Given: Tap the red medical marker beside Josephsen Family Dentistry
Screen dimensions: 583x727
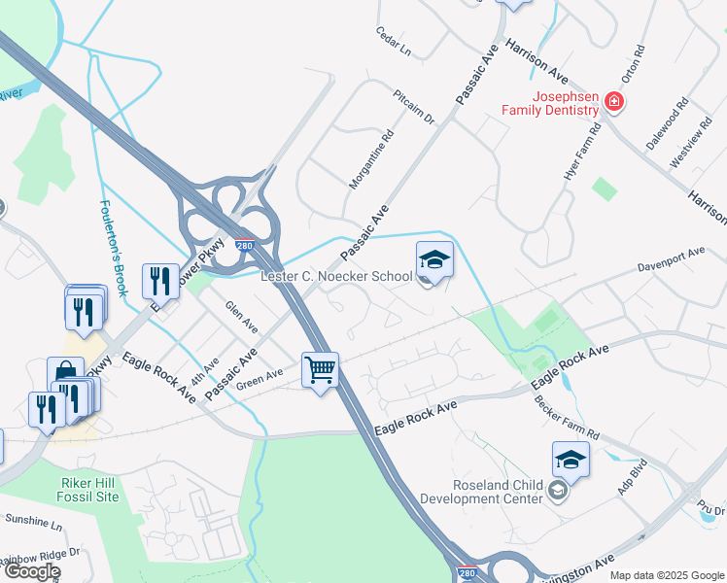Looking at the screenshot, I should [x=613, y=100].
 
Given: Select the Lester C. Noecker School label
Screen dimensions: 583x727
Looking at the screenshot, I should [x=336, y=277].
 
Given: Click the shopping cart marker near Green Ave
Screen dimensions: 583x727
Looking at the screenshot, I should [x=320, y=369].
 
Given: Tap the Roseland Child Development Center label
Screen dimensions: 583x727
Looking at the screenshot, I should [x=481, y=492].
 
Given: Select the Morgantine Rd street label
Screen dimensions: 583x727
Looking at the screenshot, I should [x=371, y=159].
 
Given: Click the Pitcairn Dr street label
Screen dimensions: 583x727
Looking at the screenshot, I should [x=413, y=106].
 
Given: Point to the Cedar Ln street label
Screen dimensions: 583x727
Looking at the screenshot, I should [x=394, y=41].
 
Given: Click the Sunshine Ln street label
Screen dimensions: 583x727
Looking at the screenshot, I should [x=30, y=522].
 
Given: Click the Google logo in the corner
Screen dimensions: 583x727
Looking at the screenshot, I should [x=31, y=571].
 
